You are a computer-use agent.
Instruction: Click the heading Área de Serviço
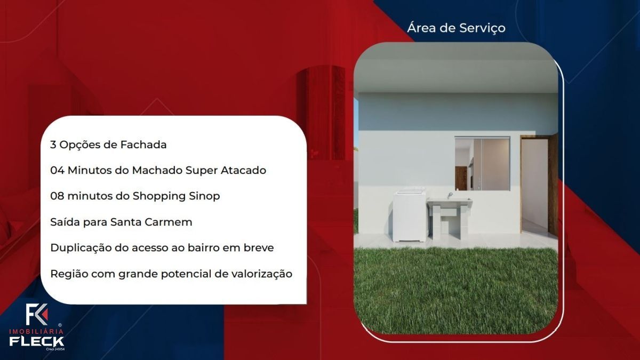coord(456,28)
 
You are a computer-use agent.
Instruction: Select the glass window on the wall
coord(482,163)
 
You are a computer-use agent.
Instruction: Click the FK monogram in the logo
coord(36,314)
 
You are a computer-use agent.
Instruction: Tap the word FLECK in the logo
coord(37,341)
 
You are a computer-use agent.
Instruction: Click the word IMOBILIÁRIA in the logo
coord(36,331)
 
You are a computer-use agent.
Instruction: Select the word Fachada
coord(143,145)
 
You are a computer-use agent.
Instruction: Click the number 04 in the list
coord(57,170)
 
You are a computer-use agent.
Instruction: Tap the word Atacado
coord(243,170)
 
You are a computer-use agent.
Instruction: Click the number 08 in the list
coord(57,196)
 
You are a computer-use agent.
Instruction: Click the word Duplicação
coord(81,248)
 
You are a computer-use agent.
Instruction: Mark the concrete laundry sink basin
coord(449,202)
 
